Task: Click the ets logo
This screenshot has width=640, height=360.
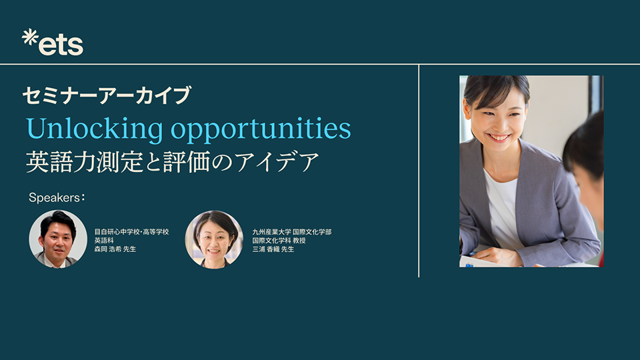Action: tap(53, 43)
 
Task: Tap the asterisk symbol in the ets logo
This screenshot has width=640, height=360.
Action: tap(29, 37)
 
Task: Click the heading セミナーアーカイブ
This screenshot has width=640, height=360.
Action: tap(106, 96)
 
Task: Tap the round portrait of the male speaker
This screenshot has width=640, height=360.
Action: tap(58, 239)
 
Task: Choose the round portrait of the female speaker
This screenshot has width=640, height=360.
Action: tap(214, 239)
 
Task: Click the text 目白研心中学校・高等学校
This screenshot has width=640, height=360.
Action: tap(131, 231)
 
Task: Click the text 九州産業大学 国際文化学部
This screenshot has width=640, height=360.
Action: tap(292, 231)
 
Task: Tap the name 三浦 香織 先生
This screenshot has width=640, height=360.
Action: tap(273, 249)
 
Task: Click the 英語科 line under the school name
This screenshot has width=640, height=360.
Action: tap(104, 240)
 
